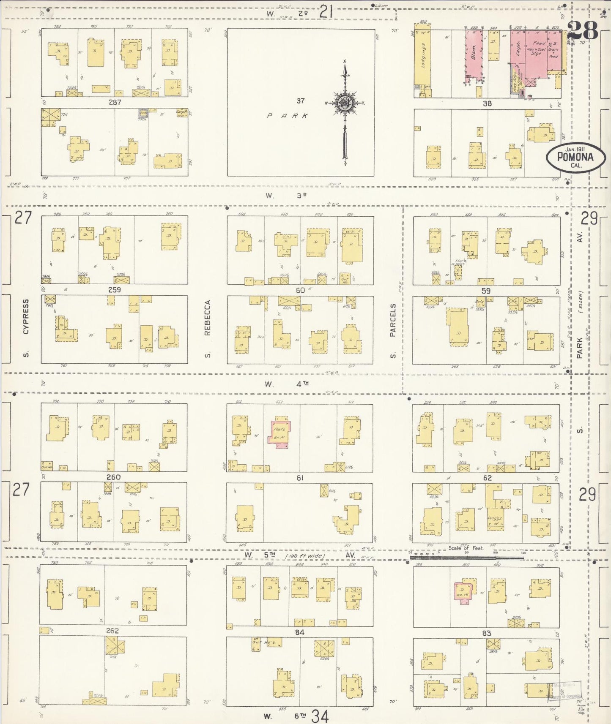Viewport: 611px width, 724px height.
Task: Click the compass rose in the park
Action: click(345, 103)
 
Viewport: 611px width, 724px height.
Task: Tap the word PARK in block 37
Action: click(287, 116)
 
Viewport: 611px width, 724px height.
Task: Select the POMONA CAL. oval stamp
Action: click(575, 158)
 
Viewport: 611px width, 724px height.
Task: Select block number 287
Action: click(115, 102)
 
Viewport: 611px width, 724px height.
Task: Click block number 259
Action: click(115, 290)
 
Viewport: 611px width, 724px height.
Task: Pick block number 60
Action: click(300, 290)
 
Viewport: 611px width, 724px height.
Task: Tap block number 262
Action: click(112, 631)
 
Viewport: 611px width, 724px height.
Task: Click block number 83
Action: click(486, 633)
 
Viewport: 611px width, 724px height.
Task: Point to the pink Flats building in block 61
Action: click(279, 433)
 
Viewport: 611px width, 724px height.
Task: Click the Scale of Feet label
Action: click(466, 548)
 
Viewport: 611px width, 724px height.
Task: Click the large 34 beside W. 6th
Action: click(320, 716)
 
